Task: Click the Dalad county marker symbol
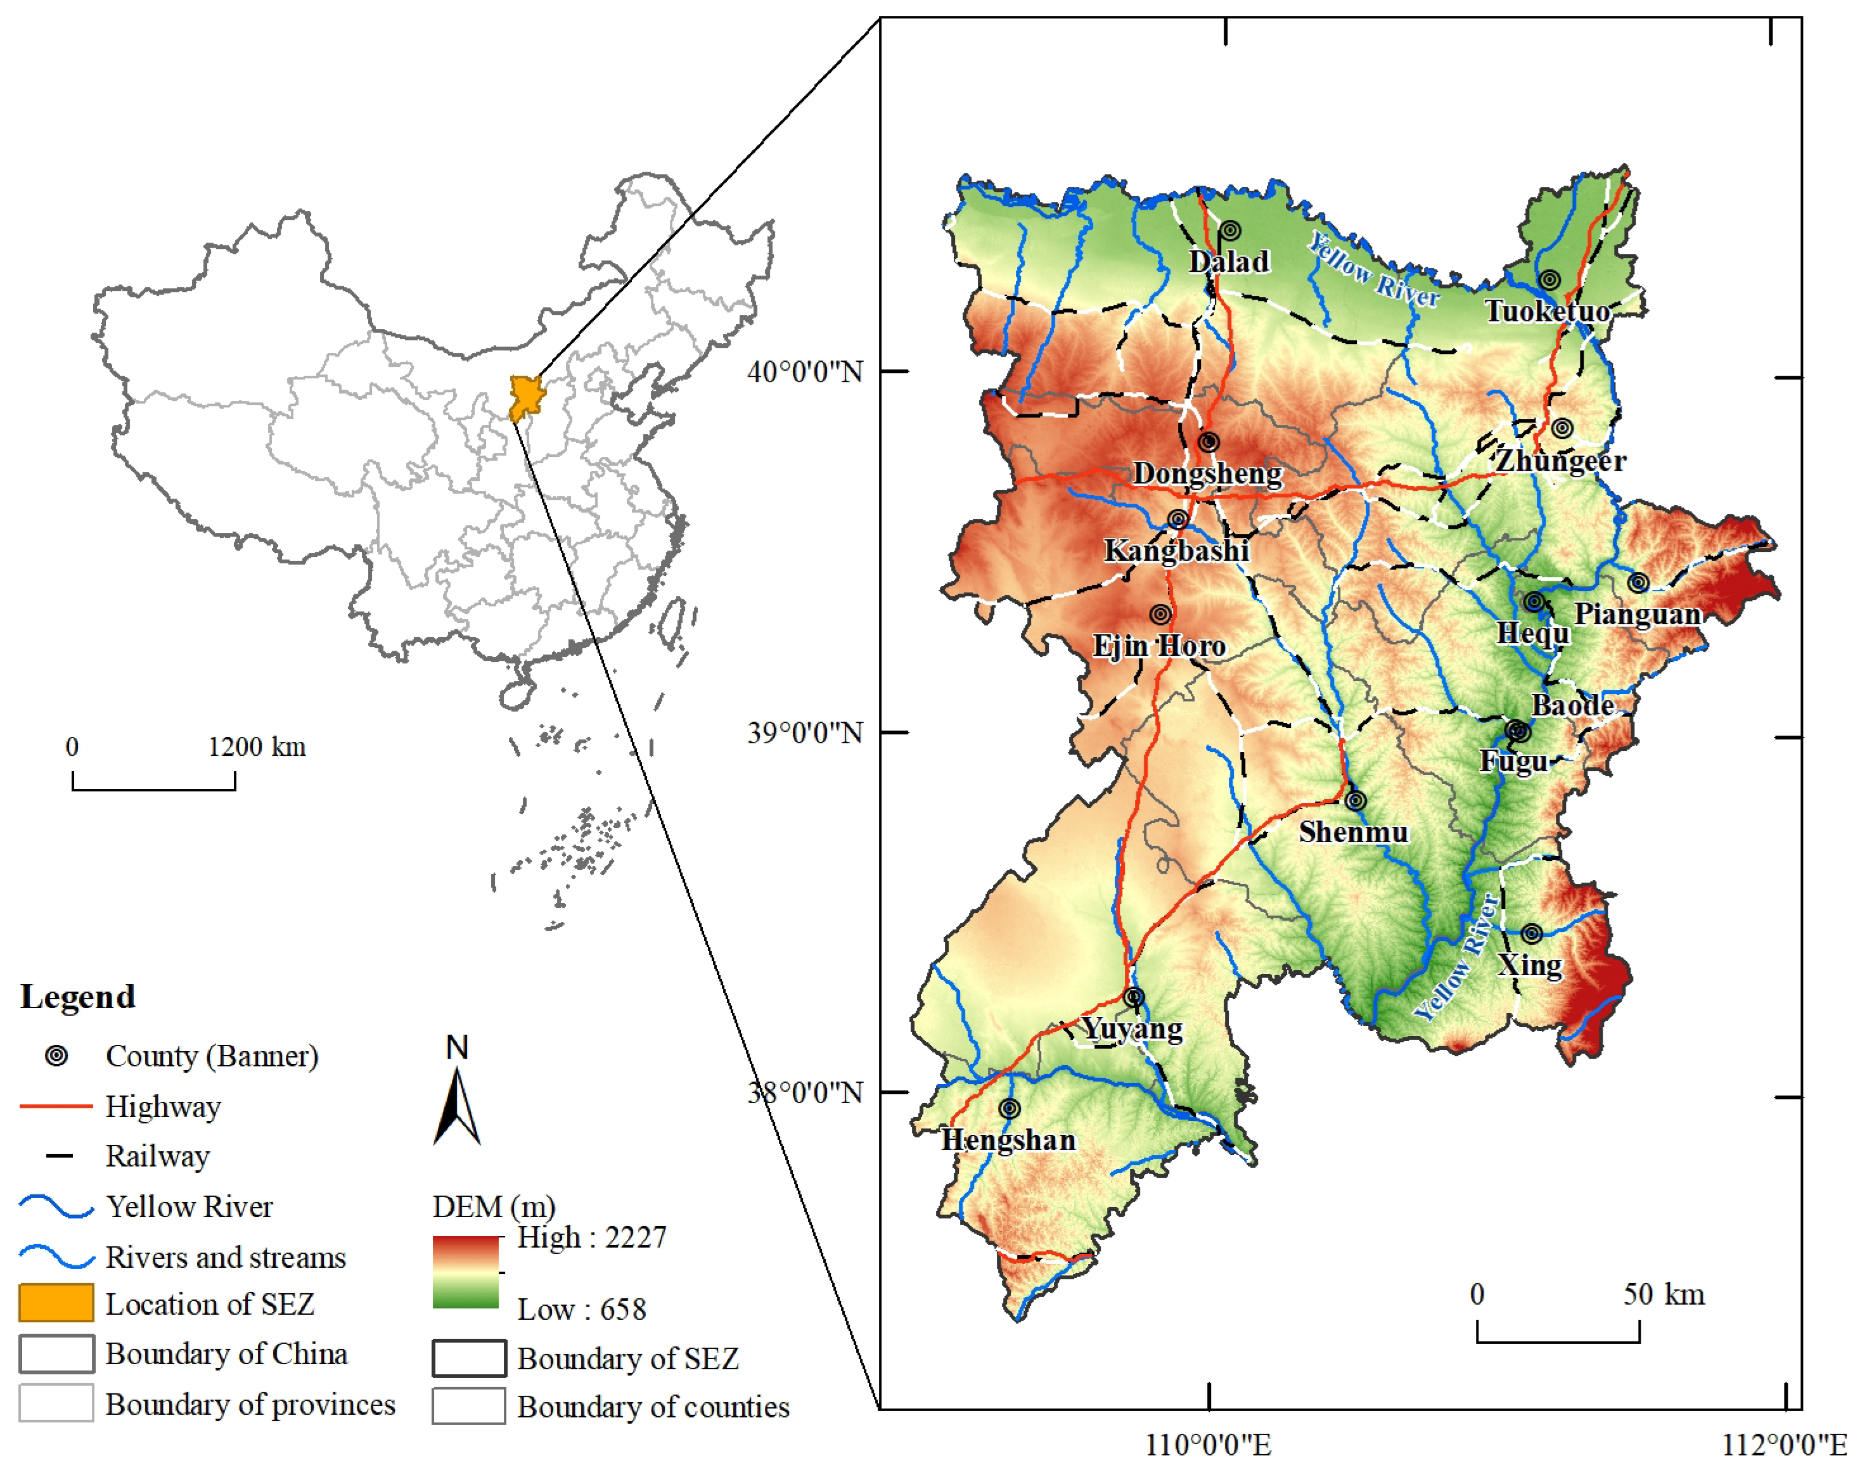point(1231,231)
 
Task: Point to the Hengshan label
point(1008,1141)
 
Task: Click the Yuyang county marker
point(1134,997)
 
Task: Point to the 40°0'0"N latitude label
point(805,372)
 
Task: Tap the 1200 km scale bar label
point(257,746)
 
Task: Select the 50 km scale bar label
point(1663,1294)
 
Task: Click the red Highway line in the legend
point(56,1106)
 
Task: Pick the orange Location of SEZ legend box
point(56,1303)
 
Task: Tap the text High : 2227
point(591,1237)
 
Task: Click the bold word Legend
point(77,997)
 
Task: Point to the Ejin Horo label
point(1158,646)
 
